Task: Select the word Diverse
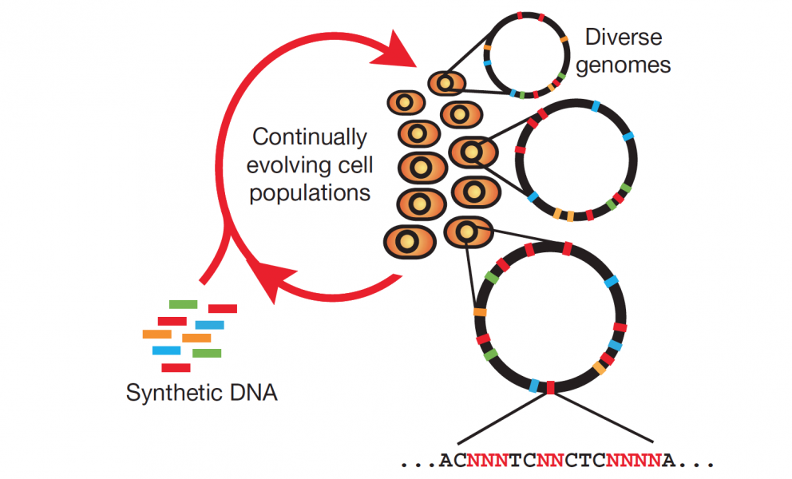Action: point(624,37)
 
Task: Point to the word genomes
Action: point(624,65)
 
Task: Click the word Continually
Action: point(310,137)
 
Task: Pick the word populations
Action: point(310,193)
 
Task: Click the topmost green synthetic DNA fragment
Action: point(184,304)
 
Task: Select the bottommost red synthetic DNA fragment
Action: point(176,368)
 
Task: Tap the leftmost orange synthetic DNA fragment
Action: point(157,334)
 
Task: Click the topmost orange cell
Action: point(447,83)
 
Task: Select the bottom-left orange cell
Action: point(409,242)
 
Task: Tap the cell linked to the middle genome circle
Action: point(473,152)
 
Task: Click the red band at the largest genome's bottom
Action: point(551,387)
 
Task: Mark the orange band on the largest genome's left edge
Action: point(480,312)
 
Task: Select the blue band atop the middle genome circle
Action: point(596,107)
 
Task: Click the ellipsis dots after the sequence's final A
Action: point(696,463)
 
